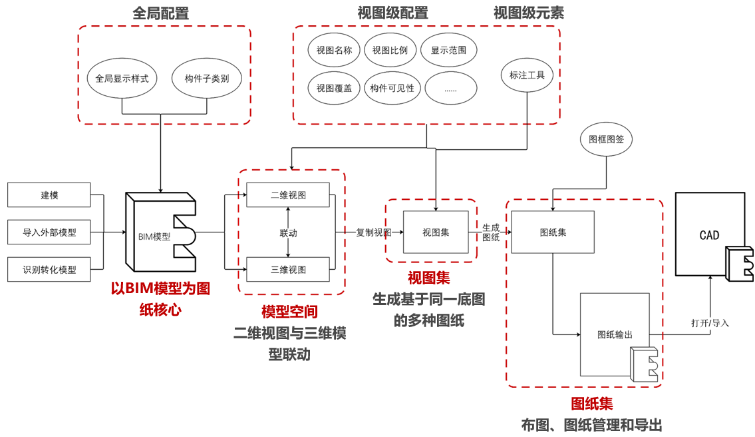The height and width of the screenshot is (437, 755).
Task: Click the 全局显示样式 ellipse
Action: [122, 78]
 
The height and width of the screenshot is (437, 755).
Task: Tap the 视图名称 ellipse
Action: [334, 50]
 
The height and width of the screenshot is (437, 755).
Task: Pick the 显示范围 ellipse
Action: [448, 50]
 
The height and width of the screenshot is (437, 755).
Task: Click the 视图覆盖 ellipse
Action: [334, 88]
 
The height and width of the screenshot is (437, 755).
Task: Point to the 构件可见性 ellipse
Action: [392, 88]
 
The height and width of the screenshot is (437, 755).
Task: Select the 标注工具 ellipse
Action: [527, 75]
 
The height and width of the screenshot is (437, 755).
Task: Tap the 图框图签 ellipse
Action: [606, 139]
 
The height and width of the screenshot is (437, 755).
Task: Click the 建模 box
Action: [49, 195]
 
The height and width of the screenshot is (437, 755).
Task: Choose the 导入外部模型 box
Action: [49, 232]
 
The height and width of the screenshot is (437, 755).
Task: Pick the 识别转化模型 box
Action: [49, 270]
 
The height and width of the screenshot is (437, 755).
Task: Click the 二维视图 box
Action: [288, 195]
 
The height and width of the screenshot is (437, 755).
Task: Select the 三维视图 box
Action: [288, 269]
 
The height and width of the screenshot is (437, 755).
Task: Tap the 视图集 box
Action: [436, 232]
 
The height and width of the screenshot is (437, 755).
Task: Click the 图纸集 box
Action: [553, 232]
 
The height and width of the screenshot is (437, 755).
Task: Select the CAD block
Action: [709, 234]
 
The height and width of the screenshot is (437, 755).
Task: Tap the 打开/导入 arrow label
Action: [710, 323]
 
